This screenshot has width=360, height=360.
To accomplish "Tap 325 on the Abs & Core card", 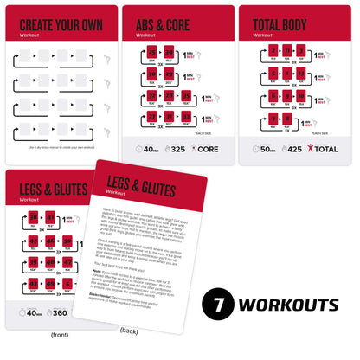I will click(177, 148).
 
